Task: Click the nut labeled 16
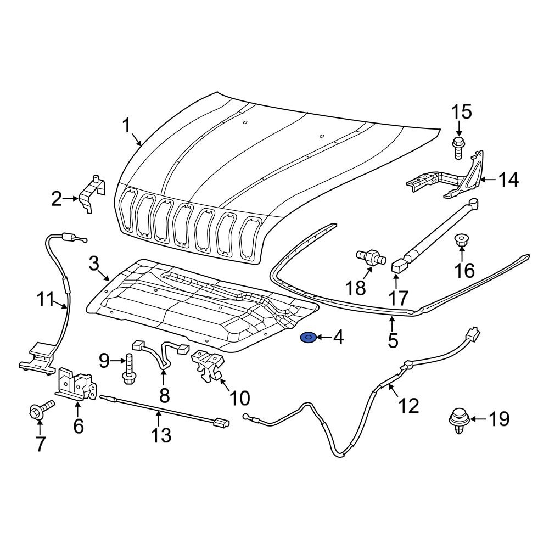461,240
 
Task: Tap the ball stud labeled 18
369,257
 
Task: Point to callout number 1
126,127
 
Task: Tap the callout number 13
161,435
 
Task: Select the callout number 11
47,300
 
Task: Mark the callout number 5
393,340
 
